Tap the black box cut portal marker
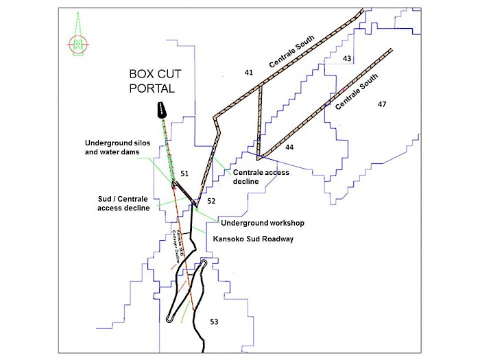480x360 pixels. pos(162,110)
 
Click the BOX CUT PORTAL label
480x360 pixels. pos(152,81)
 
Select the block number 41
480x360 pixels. pos(248,72)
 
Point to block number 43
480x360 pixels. pos(347,59)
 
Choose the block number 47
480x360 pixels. pos(382,104)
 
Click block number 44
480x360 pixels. pos(289,147)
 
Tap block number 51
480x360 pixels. pos(184,174)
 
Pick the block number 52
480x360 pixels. pos(211,201)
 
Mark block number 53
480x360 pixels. pos(214,321)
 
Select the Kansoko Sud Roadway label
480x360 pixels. pos(253,239)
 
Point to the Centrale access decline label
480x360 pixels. pos(261,177)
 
